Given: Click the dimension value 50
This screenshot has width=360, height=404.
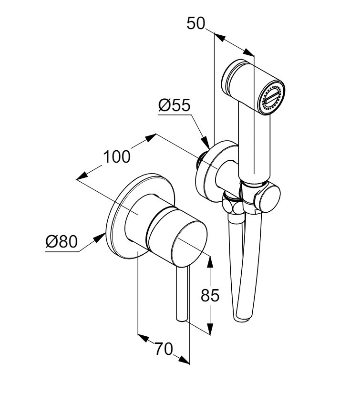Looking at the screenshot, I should pos(196,23).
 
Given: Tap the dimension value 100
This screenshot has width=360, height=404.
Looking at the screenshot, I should pos(117,156).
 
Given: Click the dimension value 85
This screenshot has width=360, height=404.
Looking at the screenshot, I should pos(210,296).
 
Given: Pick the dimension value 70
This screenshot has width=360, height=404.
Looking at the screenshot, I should pos(164,350).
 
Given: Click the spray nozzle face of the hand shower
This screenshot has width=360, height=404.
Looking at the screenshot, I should pos(271,97).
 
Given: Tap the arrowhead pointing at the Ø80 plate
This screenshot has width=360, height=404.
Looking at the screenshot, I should pos(102,234).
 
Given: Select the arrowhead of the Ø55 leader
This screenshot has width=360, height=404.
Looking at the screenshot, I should pos(206,142).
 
